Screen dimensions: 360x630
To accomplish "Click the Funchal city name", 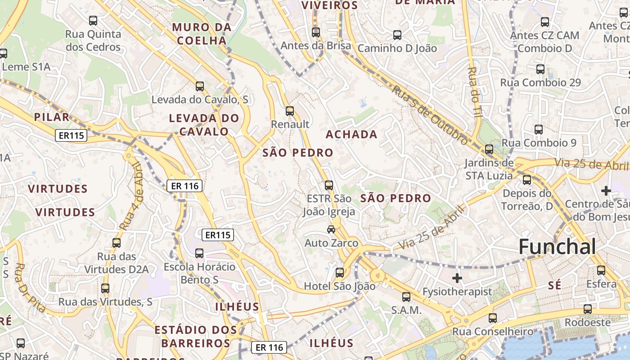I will click(x=557, y=247).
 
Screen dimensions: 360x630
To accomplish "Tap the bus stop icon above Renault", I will click(x=290, y=111).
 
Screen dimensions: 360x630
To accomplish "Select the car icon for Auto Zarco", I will click(x=331, y=229).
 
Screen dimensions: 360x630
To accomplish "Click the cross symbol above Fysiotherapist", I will click(x=457, y=278).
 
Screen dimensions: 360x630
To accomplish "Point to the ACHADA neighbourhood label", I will click(x=351, y=134).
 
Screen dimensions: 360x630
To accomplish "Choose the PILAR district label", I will click(x=52, y=117).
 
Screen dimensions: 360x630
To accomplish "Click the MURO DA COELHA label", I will click(x=202, y=34).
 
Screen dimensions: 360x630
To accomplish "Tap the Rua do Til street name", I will click(x=475, y=92).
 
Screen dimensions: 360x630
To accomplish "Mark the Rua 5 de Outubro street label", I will click(x=430, y=115).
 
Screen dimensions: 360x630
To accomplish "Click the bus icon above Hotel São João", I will click(x=340, y=272).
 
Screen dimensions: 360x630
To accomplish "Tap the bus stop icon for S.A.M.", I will click(x=406, y=297).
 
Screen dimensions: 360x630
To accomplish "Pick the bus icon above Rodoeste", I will click(x=588, y=309).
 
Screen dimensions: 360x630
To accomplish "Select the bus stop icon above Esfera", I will click(x=601, y=270).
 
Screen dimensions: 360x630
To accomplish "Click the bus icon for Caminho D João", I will click(x=397, y=35).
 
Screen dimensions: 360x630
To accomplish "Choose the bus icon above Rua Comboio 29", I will click(x=540, y=69).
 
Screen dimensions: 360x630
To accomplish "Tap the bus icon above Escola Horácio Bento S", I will click(x=199, y=253).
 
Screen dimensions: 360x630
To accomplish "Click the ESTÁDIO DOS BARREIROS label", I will click(x=196, y=336).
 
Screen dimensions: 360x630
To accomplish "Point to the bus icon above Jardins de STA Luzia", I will click(x=489, y=149).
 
